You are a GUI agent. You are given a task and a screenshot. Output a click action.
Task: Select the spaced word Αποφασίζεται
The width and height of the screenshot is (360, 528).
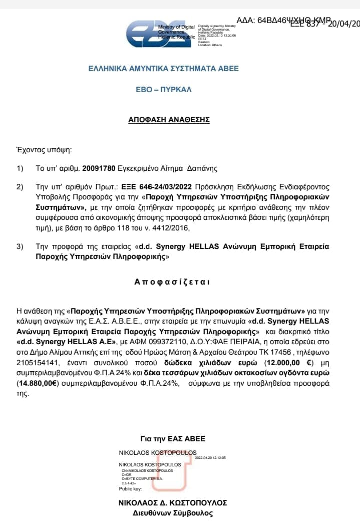(x=172, y=282)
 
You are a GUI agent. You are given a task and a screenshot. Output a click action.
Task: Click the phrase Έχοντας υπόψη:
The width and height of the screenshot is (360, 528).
(x=44, y=149)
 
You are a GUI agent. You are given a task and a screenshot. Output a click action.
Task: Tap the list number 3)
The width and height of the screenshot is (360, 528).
(x=21, y=247)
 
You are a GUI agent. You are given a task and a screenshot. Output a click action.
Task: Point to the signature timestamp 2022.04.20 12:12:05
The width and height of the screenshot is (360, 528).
(x=211, y=457)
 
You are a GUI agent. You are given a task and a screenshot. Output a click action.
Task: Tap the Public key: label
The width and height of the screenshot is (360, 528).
(x=129, y=488)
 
